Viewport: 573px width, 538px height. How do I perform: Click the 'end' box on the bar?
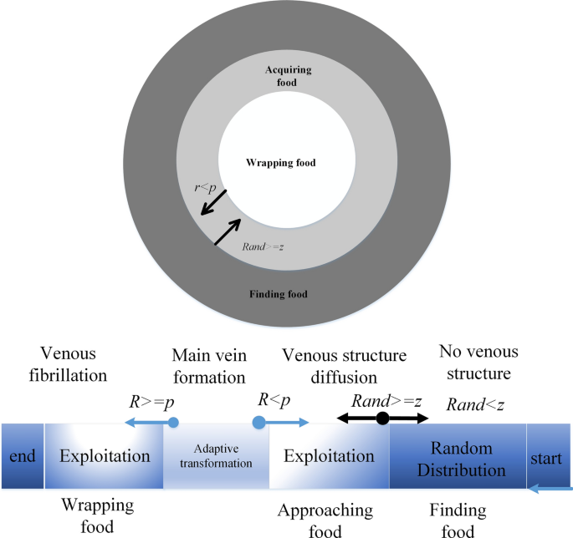click(21, 457)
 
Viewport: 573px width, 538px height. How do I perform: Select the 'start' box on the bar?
click(547, 457)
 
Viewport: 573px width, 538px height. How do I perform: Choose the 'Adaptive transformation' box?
click(216, 457)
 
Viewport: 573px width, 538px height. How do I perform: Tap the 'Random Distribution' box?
click(457, 457)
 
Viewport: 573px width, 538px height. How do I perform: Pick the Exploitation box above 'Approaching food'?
click(329, 457)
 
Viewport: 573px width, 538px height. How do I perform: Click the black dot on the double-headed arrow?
click(382, 418)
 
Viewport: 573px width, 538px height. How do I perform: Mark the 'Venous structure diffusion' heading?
click(345, 365)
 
